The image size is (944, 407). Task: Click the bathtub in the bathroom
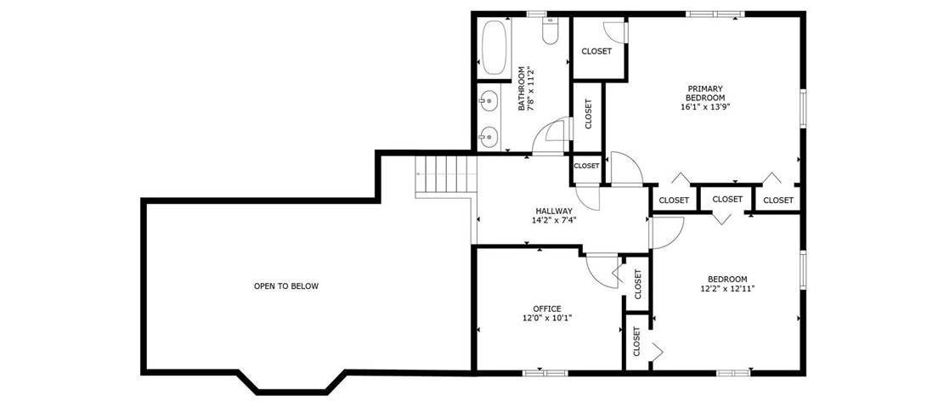[x=493, y=48]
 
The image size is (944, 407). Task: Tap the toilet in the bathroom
[x=551, y=31]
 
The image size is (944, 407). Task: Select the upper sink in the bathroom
[x=489, y=100]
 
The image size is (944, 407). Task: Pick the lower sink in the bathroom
[x=489, y=137]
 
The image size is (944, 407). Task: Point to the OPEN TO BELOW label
[x=286, y=286]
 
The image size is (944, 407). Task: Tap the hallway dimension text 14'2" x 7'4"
[x=554, y=220]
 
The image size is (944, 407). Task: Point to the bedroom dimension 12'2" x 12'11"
[x=727, y=288]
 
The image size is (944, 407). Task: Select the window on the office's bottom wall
[x=545, y=373]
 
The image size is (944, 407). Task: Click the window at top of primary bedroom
[x=715, y=14]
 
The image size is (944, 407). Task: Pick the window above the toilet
[x=536, y=14]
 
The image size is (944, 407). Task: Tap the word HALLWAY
[x=554, y=212]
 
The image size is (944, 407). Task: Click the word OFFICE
[x=546, y=309]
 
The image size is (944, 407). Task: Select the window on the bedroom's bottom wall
[x=733, y=373]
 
